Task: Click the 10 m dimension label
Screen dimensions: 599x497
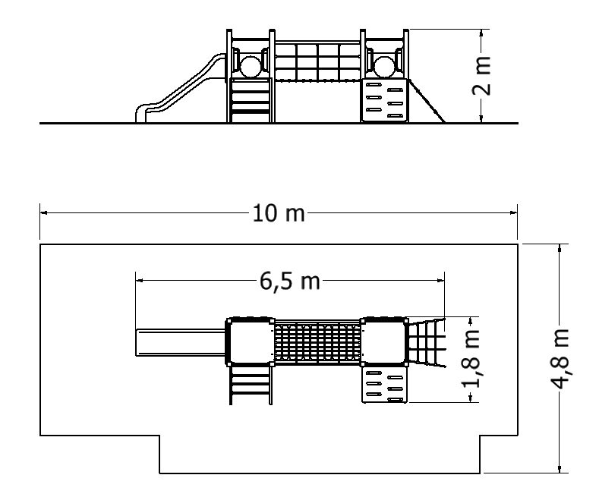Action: click(x=279, y=213)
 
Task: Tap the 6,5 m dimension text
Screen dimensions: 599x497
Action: click(x=289, y=282)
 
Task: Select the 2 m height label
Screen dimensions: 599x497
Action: click(x=481, y=75)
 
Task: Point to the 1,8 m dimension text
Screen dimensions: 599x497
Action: click(x=471, y=358)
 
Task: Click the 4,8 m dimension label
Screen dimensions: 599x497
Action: click(x=560, y=358)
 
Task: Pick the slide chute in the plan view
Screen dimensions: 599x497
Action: click(x=181, y=342)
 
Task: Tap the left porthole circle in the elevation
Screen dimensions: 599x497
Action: click(x=251, y=67)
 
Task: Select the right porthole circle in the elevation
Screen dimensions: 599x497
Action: click(x=384, y=67)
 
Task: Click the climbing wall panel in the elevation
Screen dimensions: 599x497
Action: click(x=384, y=100)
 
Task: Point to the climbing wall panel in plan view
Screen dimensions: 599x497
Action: click(x=384, y=385)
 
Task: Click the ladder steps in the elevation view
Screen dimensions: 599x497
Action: click(x=251, y=100)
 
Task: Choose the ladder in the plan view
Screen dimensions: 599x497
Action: click(x=251, y=385)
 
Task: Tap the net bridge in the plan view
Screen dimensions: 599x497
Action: click(x=317, y=342)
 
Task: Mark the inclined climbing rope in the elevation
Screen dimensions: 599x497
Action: click(x=427, y=101)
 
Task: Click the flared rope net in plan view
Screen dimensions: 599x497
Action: click(x=427, y=342)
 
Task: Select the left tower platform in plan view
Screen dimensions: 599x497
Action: click(x=251, y=342)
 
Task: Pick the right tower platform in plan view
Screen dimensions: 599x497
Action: click(x=384, y=342)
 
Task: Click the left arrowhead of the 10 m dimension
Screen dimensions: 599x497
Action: click(x=43, y=212)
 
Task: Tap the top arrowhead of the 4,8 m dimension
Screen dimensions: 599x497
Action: click(x=560, y=247)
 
